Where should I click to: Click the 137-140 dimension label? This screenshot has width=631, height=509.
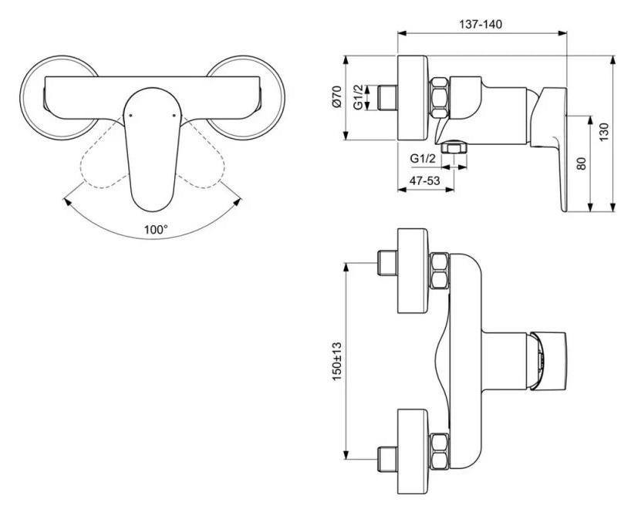pyautogui.click(x=481, y=24)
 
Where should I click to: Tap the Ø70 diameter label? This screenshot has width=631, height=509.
pyautogui.click(x=336, y=96)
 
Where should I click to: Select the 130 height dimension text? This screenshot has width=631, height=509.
pyautogui.click(x=604, y=132)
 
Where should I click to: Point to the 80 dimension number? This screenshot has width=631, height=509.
pyautogui.click(x=582, y=163)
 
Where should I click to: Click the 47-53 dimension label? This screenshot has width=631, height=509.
pyautogui.click(x=424, y=180)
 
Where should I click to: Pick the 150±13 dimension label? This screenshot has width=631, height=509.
pyautogui.click(x=336, y=361)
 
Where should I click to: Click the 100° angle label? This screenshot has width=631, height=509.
pyautogui.click(x=156, y=230)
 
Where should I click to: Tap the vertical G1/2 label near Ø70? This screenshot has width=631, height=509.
pyautogui.click(x=358, y=97)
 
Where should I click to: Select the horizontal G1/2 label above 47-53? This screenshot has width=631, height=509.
pyautogui.click(x=423, y=158)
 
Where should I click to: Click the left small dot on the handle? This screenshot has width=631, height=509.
pyautogui.click(x=130, y=116)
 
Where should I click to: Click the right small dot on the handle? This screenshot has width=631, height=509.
pyautogui.click(x=174, y=116)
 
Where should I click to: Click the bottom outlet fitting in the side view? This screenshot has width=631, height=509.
pyautogui.click(x=454, y=147)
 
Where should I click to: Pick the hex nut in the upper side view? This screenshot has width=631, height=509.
pyautogui.click(x=439, y=98)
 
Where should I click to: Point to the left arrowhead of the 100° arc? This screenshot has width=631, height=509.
pyautogui.click(x=66, y=201)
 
